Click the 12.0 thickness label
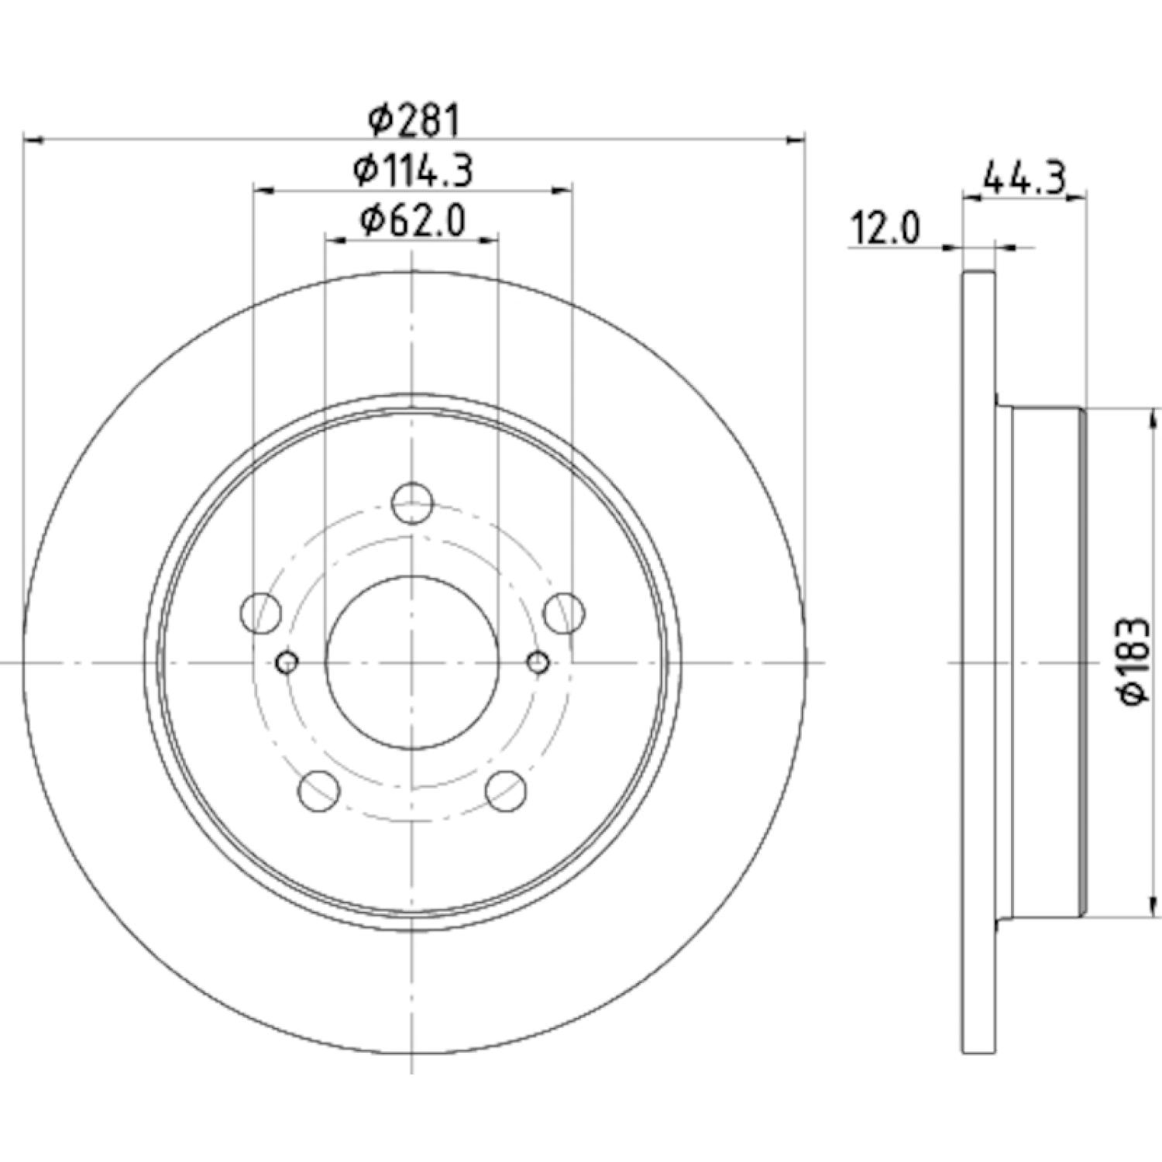point(885,229)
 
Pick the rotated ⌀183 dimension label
point(1133,660)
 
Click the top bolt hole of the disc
point(412,503)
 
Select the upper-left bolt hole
point(261,613)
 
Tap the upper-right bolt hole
point(564,613)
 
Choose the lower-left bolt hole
point(319,791)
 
